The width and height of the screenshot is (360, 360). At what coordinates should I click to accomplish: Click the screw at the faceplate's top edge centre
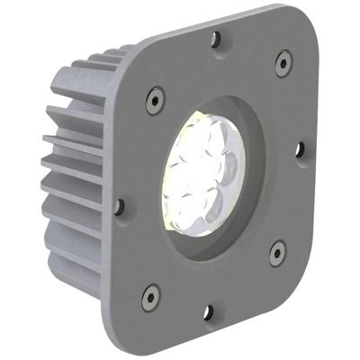coord(215,38)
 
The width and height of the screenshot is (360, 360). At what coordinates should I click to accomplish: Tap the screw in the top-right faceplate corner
coord(283,61)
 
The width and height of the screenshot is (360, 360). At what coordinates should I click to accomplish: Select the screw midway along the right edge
coord(300,148)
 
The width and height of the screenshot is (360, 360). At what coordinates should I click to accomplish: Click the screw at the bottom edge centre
coord(208,311)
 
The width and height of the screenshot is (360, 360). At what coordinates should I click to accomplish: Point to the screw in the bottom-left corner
coord(151,294)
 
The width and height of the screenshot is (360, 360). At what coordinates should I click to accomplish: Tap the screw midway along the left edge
coord(119,206)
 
